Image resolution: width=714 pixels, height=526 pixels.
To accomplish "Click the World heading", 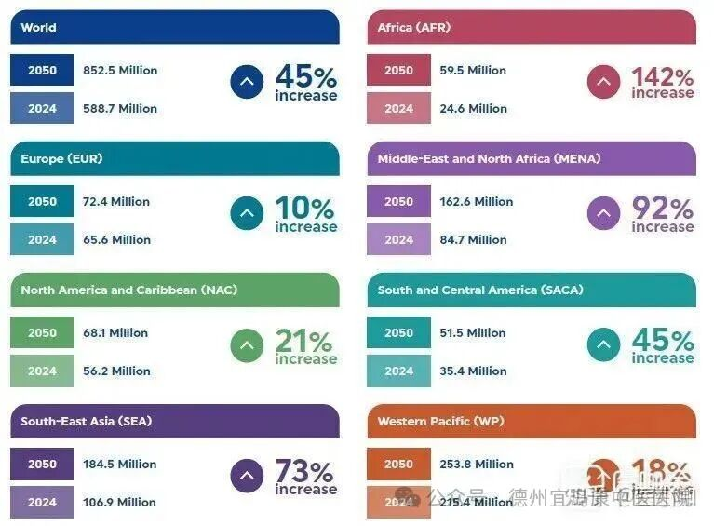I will [38, 28].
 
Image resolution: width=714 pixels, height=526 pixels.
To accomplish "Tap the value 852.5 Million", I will [120, 71].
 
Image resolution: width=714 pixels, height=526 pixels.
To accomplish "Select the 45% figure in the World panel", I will [305, 76].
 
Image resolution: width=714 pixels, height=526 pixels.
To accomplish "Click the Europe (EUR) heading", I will [61, 159].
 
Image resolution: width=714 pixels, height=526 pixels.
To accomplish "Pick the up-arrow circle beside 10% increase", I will [247, 214].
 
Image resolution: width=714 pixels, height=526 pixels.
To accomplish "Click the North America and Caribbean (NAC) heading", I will [128, 290].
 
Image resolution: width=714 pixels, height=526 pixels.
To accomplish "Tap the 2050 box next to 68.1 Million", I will [42, 333].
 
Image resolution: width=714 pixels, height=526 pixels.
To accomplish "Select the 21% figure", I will [304, 342].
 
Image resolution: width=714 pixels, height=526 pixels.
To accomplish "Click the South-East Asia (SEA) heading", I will [86, 422].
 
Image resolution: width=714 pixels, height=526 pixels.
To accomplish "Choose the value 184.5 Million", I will [119, 465].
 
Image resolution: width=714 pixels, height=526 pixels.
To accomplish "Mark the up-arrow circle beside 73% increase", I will [247, 477].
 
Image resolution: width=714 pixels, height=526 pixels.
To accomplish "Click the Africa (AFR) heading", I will [413, 28].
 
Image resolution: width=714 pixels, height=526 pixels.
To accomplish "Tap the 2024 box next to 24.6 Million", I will [398, 109].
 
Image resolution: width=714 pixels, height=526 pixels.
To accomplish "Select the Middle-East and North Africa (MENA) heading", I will [489, 159].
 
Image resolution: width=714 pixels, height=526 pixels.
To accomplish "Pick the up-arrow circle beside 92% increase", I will [603, 214].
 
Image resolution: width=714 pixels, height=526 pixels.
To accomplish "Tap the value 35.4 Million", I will [474, 371].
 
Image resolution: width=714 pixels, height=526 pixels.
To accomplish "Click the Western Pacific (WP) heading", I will [440, 422].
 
